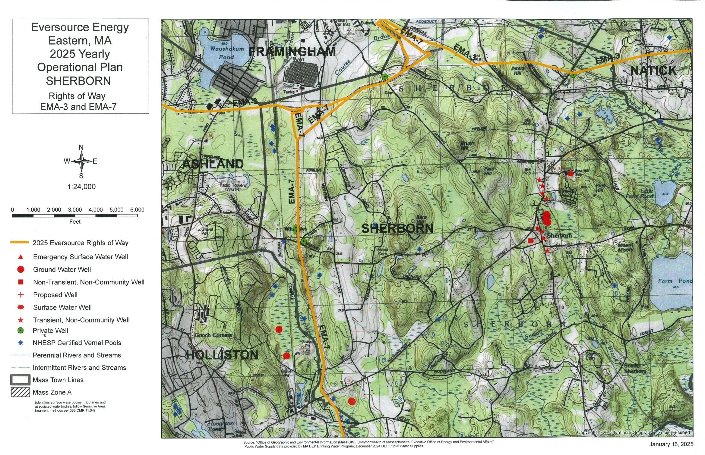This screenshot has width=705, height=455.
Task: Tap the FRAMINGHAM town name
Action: tap(292, 52)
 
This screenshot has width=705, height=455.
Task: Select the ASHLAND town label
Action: tap(213, 164)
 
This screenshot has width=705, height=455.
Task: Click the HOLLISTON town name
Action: tap(222, 355)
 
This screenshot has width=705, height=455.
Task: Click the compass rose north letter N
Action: tap(81, 147)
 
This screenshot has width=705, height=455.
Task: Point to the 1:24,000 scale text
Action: tap(81, 187)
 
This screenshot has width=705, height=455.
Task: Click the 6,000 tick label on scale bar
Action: tap(137, 210)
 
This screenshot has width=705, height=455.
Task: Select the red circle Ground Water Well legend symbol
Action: tap(21, 269)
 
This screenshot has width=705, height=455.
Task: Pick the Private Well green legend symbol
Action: tap(21, 331)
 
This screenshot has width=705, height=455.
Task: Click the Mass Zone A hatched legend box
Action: tap(21, 392)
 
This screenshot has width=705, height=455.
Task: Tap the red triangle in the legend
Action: tap(21, 257)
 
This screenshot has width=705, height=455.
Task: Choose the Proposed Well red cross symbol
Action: tap(21, 295)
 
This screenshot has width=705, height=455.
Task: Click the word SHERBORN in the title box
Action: tap(78, 81)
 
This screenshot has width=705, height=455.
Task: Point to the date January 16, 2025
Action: tap(671, 444)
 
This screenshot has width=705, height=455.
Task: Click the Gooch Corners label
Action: tap(213, 335)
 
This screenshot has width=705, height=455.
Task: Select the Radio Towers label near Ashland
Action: tap(233, 187)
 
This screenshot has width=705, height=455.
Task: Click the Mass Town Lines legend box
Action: tap(21, 380)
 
